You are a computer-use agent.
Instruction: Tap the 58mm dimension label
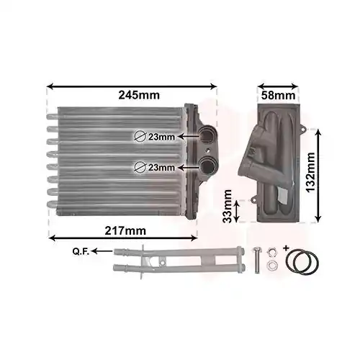pos(277,95)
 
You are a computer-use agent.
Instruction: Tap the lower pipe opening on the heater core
pos(209,166)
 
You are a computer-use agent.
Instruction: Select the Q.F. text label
pos(81,251)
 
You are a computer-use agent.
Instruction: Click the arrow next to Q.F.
pos(104,251)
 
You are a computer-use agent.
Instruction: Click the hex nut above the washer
pos(271,252)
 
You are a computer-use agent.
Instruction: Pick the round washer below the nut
pos(271,266)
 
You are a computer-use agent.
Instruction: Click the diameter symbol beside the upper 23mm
pos(140,135)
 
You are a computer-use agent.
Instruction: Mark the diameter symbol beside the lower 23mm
pos(140,167)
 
